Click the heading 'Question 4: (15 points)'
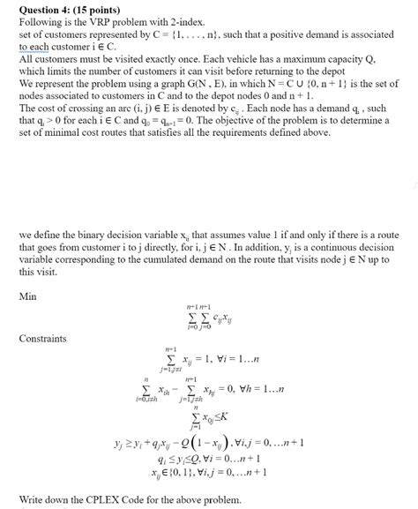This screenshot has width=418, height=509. pyautogui.click(x=67, y=8)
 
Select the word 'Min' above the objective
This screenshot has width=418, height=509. pyautogui.click(x=28, y=296)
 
